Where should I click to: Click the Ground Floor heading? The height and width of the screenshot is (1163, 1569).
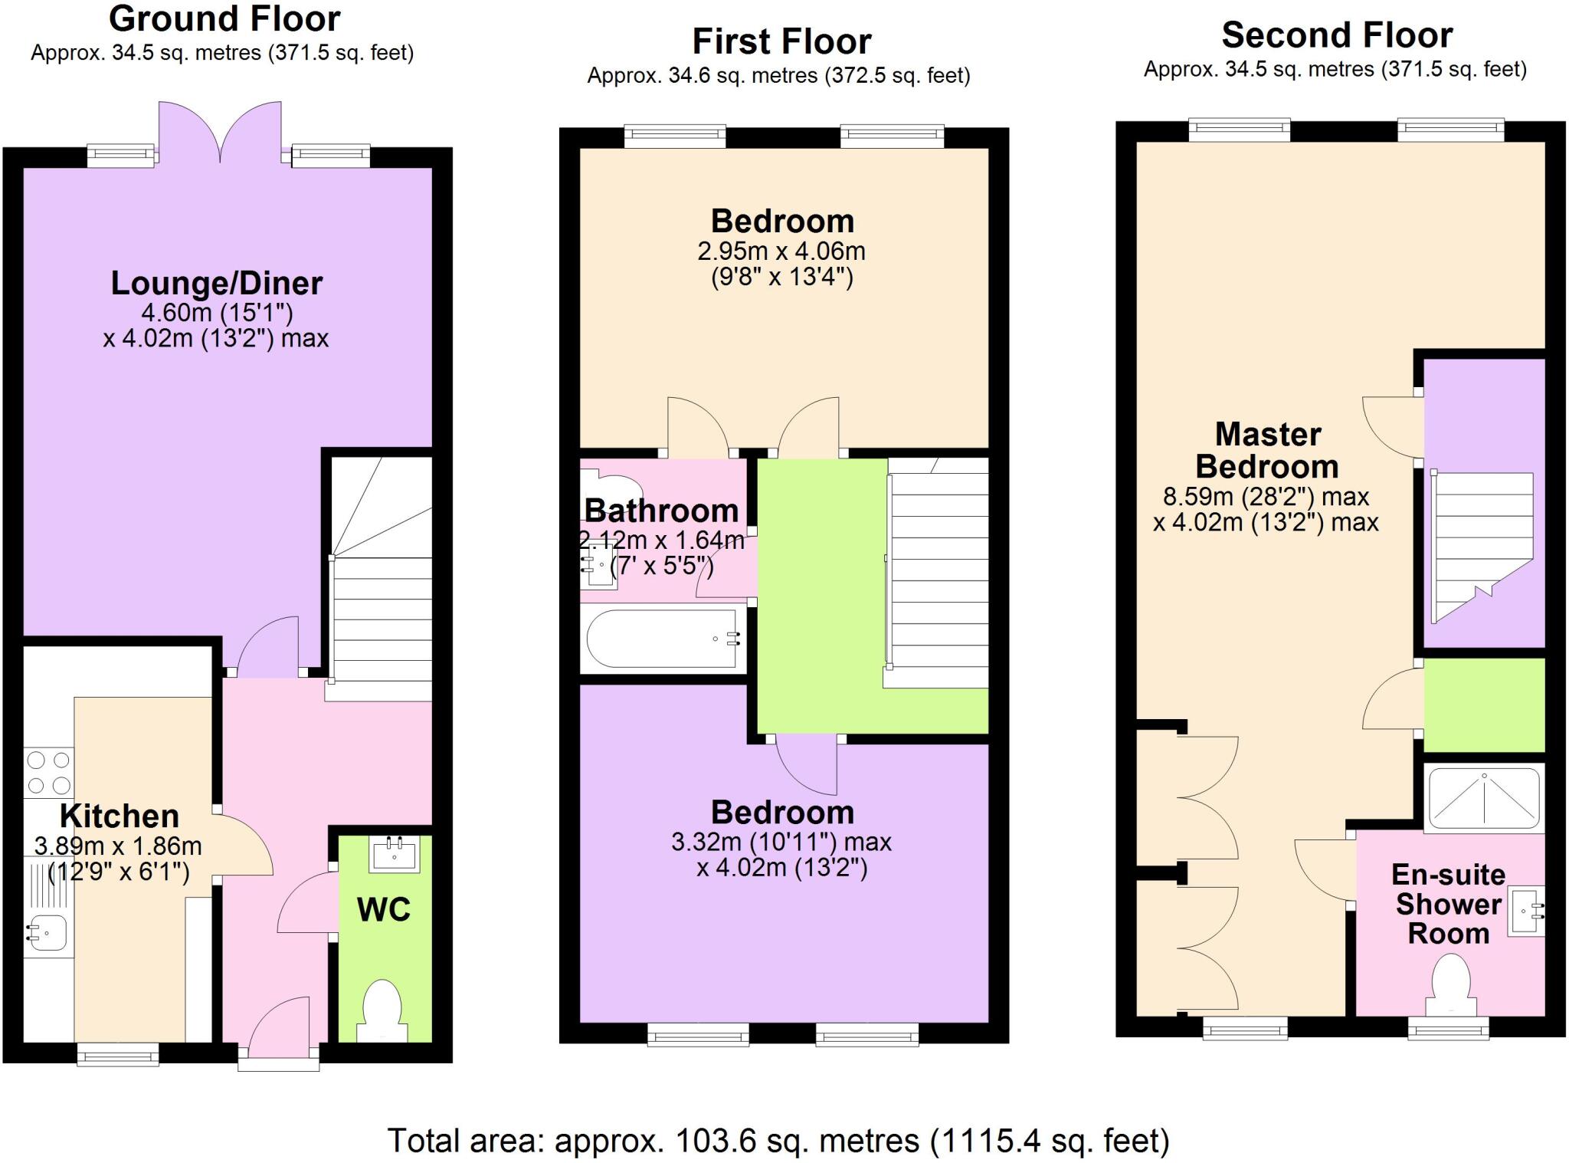pyautogui.click(x=224, y=18)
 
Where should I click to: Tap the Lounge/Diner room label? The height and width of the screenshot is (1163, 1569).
pyautogui.click(x=217, y=284)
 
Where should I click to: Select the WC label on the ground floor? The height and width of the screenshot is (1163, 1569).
pyautogui.click(x=384, y=909)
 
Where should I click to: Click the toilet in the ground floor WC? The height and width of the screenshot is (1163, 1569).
pyautogui.click(x=382, y=1010)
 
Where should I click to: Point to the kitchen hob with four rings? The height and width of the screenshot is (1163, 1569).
pyautogui.click(x=49, y=773)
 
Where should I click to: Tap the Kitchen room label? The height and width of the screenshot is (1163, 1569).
pyautogui.click(x=120, y=816)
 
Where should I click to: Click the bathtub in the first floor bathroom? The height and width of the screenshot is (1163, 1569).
pyautogui.click(x=663, y=638)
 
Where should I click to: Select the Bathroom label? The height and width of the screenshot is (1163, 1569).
pyautogui.click(x=661, y=511)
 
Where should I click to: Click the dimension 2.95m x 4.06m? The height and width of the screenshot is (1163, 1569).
pyautogui.click(x=781, y=251)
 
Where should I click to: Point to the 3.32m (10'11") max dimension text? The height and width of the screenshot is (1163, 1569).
pyautogui.click(x=781, y=843)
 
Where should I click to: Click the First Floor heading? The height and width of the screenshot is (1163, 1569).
pyautogui.click(x=781, y=41)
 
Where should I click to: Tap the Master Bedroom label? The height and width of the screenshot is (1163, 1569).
pyautogui.click(x=1267, y=451)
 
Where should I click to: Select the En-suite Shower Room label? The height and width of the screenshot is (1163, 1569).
pyautogui.click(x=1449, y=904)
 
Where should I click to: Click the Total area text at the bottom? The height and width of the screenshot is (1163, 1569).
pyautogui.click(x=778, y=1141)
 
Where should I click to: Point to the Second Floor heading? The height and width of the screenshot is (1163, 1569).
pyautogui.click(x=1337, y=35)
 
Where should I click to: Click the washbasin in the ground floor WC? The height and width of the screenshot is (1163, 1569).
pyautogui.click(x=395, y=853)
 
